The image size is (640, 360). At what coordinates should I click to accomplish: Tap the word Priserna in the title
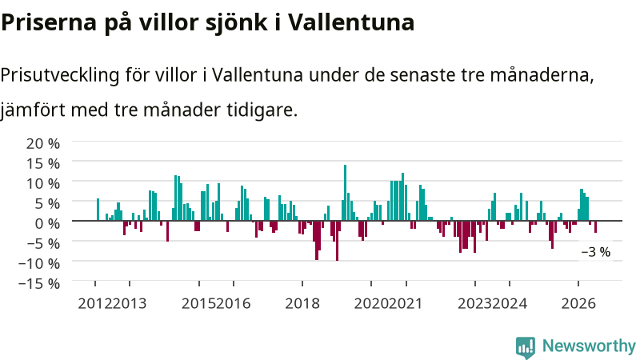(49, 22)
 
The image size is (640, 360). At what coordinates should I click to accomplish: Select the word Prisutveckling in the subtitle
(60, 75)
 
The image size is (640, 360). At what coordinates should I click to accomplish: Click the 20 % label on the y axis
(43, 144)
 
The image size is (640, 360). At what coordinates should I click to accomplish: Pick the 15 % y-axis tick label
(43, 164)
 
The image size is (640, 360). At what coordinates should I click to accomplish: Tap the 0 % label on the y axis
(47, 224)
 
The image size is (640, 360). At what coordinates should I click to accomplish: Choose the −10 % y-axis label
(38, 264)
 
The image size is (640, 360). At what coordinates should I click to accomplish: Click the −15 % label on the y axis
(38, 284)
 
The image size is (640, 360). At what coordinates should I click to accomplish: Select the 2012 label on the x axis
(94, 304)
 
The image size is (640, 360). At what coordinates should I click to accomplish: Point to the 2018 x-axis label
(302, 304)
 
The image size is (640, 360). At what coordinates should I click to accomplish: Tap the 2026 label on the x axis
(578, 304)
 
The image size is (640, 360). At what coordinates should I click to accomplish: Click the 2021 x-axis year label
(406, 304)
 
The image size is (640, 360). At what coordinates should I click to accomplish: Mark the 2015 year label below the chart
(198, 304)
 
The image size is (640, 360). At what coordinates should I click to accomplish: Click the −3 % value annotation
(595, 252)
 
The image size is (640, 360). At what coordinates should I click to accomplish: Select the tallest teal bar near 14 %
(345, 193)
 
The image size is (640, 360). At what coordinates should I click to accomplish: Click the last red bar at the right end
(595, 226)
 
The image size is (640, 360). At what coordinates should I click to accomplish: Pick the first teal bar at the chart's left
(98, 210)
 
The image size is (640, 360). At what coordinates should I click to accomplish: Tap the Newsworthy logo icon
(526, 347)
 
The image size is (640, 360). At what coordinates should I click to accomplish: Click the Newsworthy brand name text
(589, 346)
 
